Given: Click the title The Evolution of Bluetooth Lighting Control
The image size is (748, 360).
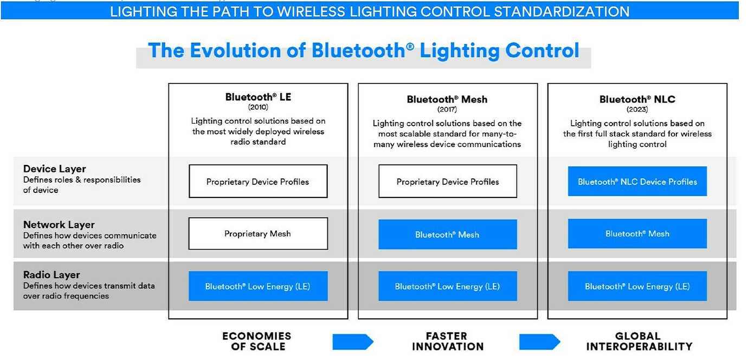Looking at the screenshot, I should pyautogui.click(x=363, y=50).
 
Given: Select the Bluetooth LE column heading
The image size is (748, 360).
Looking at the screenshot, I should pyautogui.click(x=258, y=97).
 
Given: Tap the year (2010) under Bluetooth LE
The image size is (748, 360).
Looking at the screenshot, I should pyautogui.click(x=258, y=107).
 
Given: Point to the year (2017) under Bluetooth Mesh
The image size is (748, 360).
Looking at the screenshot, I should pyautogui.click(x=447, y=110).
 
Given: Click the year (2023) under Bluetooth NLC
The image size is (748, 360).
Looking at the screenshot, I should pyautogui.click(x=637, y=110).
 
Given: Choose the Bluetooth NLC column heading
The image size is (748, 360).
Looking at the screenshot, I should pyautogui.click(x=637, y=99).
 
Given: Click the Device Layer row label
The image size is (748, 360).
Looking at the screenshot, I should pyautogui.click(x=55, y=169).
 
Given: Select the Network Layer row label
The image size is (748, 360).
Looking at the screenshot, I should pyautogui.click(x=59, y=224).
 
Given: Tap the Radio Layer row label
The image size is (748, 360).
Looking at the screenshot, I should pyautogui.click(x=51, y=275).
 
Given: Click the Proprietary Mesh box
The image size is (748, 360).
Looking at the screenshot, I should pyautogui.click(x=258, y=234).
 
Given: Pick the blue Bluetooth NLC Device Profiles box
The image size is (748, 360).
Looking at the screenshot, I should pyautogui.click(x=637, y=182).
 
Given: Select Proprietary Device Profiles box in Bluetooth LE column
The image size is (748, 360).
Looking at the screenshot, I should pyautogui.click(x=258, y=182).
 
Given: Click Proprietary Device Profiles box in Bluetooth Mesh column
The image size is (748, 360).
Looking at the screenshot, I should pyautogui.click(x=448, y=182).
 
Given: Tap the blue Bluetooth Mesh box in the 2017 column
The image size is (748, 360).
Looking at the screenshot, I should pyautogui.click(x=448, y=234).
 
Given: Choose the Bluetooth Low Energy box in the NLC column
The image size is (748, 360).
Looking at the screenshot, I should pyautogui.click(x=637, y=286).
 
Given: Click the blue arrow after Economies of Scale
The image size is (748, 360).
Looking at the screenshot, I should pyautogui.click(x=352, y=342).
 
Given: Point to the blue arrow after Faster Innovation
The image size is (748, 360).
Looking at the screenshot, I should pyautogui.click(x=539, y=342).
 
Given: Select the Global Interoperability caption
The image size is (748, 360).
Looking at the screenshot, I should pyautogui.click(x=639, y=341).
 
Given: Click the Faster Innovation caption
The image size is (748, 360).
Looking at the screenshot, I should pyautogui.click(x=447, y=341).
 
